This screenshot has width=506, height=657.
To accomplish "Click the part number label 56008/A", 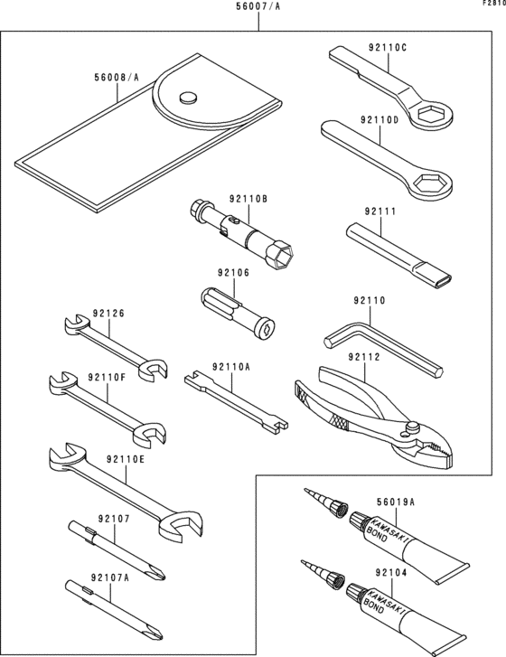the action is coord(117,77).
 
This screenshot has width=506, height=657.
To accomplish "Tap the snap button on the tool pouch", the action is coord(187,97).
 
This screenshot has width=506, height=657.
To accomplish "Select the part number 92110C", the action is coord(388,47).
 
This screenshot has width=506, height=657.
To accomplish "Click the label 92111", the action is coord(380,211).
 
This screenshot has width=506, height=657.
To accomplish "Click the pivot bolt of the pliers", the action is coord(412,427).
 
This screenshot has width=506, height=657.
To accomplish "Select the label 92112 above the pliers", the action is coord(364,357).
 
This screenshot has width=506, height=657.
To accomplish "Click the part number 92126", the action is coord(109,314).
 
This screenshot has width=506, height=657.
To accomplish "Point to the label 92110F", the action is coord(107,377).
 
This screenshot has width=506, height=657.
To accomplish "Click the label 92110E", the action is coord(126,460).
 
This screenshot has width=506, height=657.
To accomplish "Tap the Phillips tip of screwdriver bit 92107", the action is coord(159,573).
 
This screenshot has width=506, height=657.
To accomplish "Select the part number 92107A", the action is coord(110,578).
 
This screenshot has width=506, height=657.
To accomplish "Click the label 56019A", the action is coord(395,502).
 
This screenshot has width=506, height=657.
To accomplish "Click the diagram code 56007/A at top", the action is coord(258,7).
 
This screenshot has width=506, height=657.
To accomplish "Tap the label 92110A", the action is coord(230,368).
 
